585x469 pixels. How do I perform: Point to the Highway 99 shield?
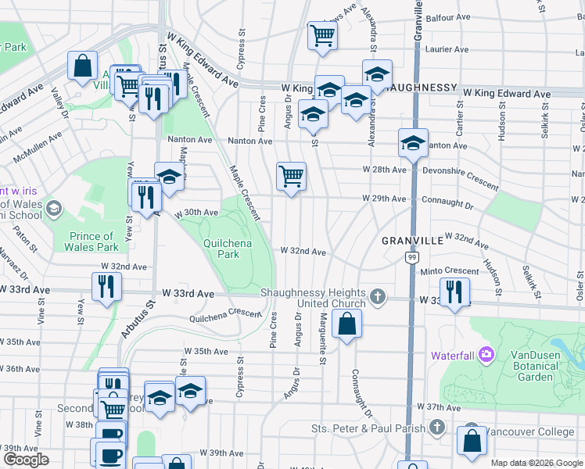coord(411,256)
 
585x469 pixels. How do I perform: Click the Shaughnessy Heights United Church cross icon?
coord(378,296)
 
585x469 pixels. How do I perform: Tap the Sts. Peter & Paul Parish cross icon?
coord(437,428)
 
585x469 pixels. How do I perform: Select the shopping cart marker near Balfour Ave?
coord(322,35)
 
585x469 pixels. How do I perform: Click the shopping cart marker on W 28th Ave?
coord(291,176)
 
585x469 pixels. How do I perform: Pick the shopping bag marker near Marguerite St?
coord(346,323)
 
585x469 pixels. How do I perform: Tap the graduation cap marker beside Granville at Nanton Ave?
coord(413,142)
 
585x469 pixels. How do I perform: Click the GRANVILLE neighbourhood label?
coord(412,242)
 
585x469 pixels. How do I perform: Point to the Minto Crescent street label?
coord(449,271)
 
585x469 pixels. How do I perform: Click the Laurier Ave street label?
coord(447,48)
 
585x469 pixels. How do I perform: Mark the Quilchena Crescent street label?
coord(225,315)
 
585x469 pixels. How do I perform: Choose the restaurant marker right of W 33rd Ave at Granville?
coord(454,291)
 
